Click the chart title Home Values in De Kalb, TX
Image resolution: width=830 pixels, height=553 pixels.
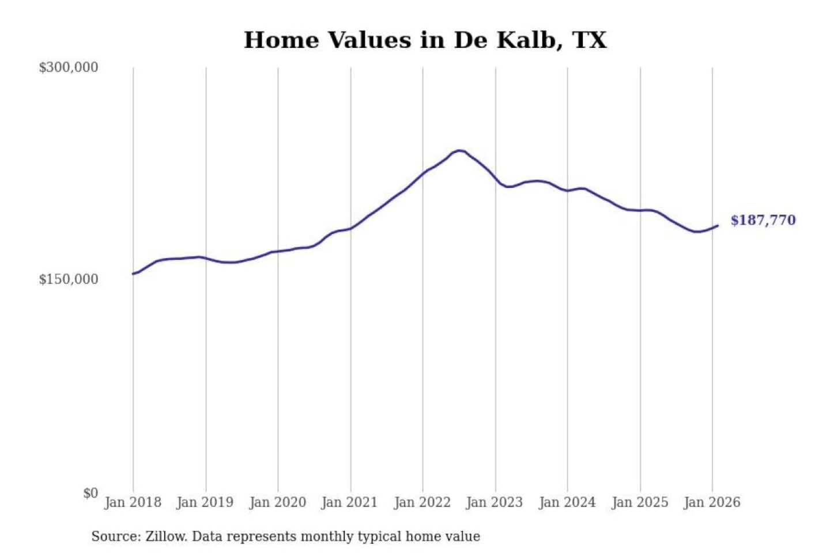coord(425,40)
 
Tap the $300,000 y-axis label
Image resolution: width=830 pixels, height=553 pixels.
coord(68,67)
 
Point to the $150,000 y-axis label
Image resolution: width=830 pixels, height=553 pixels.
coord(68,279)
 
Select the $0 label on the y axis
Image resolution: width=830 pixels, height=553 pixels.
coord(90,493)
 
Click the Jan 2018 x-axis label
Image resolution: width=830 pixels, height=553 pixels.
coord(133,502)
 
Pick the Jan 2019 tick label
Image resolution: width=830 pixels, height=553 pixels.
coord(205,502)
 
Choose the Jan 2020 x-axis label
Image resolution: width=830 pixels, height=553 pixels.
coord(277,502)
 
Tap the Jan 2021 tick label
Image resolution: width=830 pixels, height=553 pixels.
coord(349,502)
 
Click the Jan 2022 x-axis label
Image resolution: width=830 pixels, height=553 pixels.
coord(422,502)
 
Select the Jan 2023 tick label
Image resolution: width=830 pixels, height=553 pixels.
coord(494,502)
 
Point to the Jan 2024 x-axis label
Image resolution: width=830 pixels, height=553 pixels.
coord(567,502)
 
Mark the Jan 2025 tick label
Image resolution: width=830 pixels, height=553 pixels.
coord(639,502)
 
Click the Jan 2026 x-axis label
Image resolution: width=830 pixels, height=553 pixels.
coord(711,502)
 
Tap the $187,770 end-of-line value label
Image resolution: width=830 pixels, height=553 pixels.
coord(763,220)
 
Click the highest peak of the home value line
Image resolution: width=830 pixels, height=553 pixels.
coord(459,150)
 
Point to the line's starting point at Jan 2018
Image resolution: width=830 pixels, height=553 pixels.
coord(133,274)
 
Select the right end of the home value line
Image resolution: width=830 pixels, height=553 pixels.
coord(718,226)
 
